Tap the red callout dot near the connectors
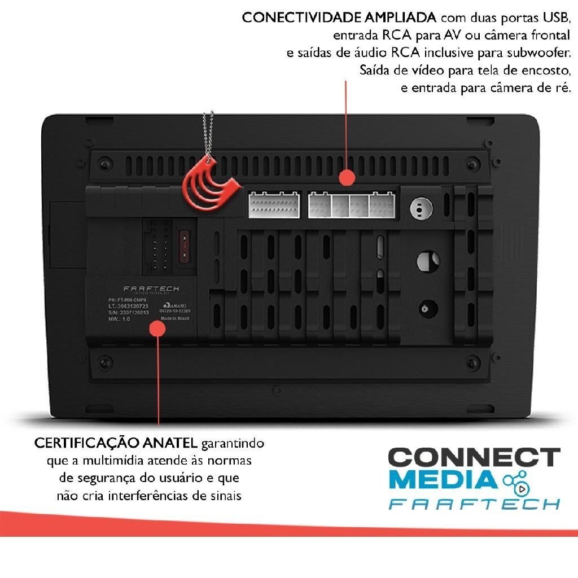point(347,177)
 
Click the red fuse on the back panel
point(183,244)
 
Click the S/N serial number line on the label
point(128,312)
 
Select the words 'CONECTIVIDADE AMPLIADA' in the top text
point(339,17)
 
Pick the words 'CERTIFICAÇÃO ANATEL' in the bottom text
point(116,443)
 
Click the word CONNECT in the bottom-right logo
point(474,457)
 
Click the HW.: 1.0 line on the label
point(119,319)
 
